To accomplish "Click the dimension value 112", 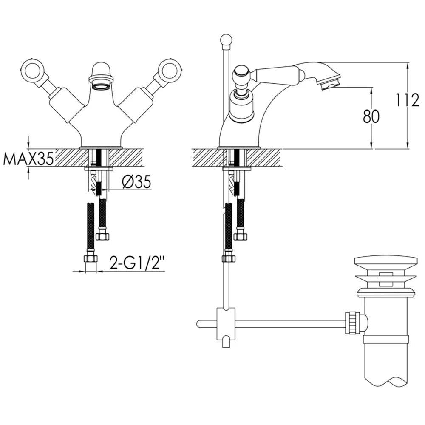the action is tap(408, 100).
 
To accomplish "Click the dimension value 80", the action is tap(371, 116).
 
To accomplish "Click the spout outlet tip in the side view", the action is tap(329, 86).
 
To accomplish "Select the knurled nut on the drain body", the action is tap(353, 323).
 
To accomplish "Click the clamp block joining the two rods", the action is tap(226, 323).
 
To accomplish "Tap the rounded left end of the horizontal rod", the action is tap(199, 323).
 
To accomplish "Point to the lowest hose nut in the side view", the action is tap(229, 257).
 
